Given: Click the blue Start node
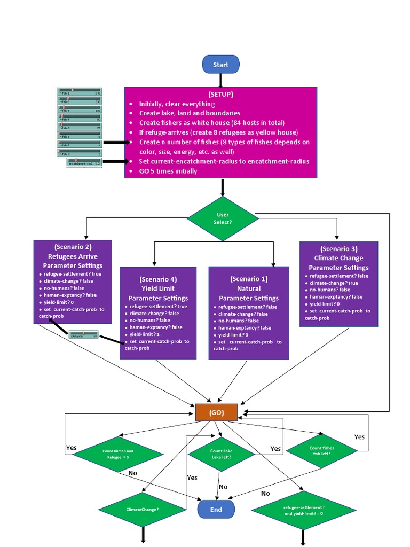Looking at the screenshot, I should [x=220, y=65].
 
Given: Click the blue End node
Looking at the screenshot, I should [x=216, y=509].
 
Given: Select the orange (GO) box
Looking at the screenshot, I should [x=216, y=412].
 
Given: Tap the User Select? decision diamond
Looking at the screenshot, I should [x=223, y=218].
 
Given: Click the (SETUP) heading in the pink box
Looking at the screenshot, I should [x=220, y=94].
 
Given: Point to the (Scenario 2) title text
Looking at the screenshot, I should [x=73, y=247].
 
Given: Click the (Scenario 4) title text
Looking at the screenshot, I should [x=158, y=279].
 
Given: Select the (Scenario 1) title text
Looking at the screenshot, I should [x=249, y=279].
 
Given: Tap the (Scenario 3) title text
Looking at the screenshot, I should [x=338, y=249].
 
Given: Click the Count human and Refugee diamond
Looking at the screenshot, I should [x=118, y=454].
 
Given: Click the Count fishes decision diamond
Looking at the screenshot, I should [x=321, y=451].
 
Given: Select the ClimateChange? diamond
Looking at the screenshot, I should [x=143, y=509].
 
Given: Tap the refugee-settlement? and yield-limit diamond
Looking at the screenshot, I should [x=303, y=510].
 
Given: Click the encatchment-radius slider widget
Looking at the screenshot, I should [x=84, y=162].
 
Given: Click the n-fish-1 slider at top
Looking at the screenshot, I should [x=80, y=91].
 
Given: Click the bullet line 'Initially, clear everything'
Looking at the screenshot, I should [x=177, y=104].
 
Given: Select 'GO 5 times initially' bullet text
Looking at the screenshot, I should [x=168, y=171].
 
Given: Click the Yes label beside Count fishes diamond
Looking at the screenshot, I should [x=359, y=437].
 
